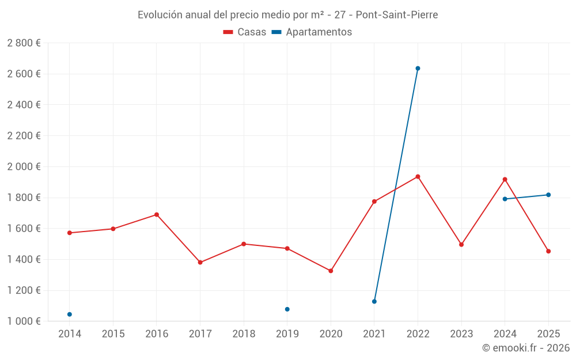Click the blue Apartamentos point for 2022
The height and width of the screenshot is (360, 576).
pyautogui.click(x=418, y=69)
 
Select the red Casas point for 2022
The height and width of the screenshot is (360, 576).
pyautogui.click(x=418, y=176)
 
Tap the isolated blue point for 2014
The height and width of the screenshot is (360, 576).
pyautogui.click(x=70, y=314)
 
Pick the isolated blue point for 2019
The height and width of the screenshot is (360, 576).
pyautogui.click(x=287, y=309)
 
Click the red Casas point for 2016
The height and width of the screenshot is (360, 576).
pyautogui.click(x=157, y=215)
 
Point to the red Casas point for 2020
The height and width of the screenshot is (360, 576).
pyautogui.click(x=331, y=271)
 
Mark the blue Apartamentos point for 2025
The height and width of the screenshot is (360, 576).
pyautogui.click(x=548, y=195)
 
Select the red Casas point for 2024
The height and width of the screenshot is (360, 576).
pyautogui.click(x=505, y=179)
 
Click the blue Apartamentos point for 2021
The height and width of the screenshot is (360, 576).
pyautogui.click(x=374, y=301)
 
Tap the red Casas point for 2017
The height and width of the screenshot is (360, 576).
pyautogui.click(x=200, y=262)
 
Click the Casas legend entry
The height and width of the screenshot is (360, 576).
pyautogui.click(x=245, y=32)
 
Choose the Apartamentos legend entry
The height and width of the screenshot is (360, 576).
pyautogui.click(x=312, y=32)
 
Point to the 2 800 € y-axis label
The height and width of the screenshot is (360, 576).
pyautogui.click(x=24, y=43)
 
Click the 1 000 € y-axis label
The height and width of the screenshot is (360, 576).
pyautogui.click(x=24, y=321)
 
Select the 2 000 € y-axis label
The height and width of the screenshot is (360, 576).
pyautogui.click(x=24, y=167)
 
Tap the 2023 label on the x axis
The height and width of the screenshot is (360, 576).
pyautogui.click(x=461, y=334)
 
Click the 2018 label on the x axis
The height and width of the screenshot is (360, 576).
pyautogui.click(x=244, y=334)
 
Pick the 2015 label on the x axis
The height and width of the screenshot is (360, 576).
pyautogui.click(x=113, y=334)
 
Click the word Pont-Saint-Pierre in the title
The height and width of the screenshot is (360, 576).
pyautogui.click(x=397, y=15)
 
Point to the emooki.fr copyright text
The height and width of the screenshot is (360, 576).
pyautogui.click(x=526, y=348)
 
